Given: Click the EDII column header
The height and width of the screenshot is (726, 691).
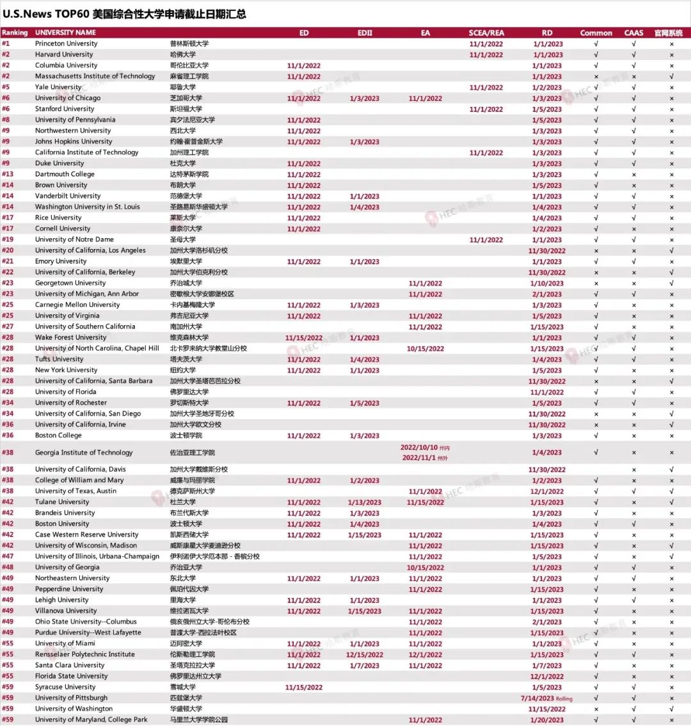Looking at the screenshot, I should pos(365,33).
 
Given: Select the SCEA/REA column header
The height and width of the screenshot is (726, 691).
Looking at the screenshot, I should pos(486,33).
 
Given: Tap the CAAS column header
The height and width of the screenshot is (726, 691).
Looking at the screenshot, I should pos(633,33).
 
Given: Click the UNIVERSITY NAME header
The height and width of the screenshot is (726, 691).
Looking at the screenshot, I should pos(65,33).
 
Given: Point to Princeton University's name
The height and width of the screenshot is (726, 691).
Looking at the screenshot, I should pos(66,44).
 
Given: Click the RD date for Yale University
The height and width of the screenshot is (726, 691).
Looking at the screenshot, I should pos(547,88).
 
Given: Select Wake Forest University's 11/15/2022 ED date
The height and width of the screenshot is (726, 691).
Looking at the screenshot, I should pos(304,338).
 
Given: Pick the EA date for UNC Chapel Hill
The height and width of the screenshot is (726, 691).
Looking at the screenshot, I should pos(425,349).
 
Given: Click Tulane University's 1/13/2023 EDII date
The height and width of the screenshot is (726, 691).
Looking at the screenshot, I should pos(365,503).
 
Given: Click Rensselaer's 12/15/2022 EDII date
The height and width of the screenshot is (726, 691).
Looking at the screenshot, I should pos(365,655).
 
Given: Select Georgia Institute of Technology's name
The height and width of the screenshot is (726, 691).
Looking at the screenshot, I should pos(84,453).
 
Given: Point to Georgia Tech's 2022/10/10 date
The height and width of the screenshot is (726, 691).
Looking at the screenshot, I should pos(420,448).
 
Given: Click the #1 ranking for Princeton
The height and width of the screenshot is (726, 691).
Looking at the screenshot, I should pos(6,44).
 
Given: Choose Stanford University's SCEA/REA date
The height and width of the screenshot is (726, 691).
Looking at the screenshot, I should pos(486,109).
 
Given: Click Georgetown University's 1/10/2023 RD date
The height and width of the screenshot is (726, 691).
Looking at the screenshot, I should pos(547,284).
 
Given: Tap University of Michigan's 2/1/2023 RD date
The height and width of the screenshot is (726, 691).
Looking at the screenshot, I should pos(547,294).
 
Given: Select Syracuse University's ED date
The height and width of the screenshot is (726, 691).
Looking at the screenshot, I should pos(304,688).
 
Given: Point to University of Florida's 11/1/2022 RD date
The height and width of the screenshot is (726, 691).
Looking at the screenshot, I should pos(547,392).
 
